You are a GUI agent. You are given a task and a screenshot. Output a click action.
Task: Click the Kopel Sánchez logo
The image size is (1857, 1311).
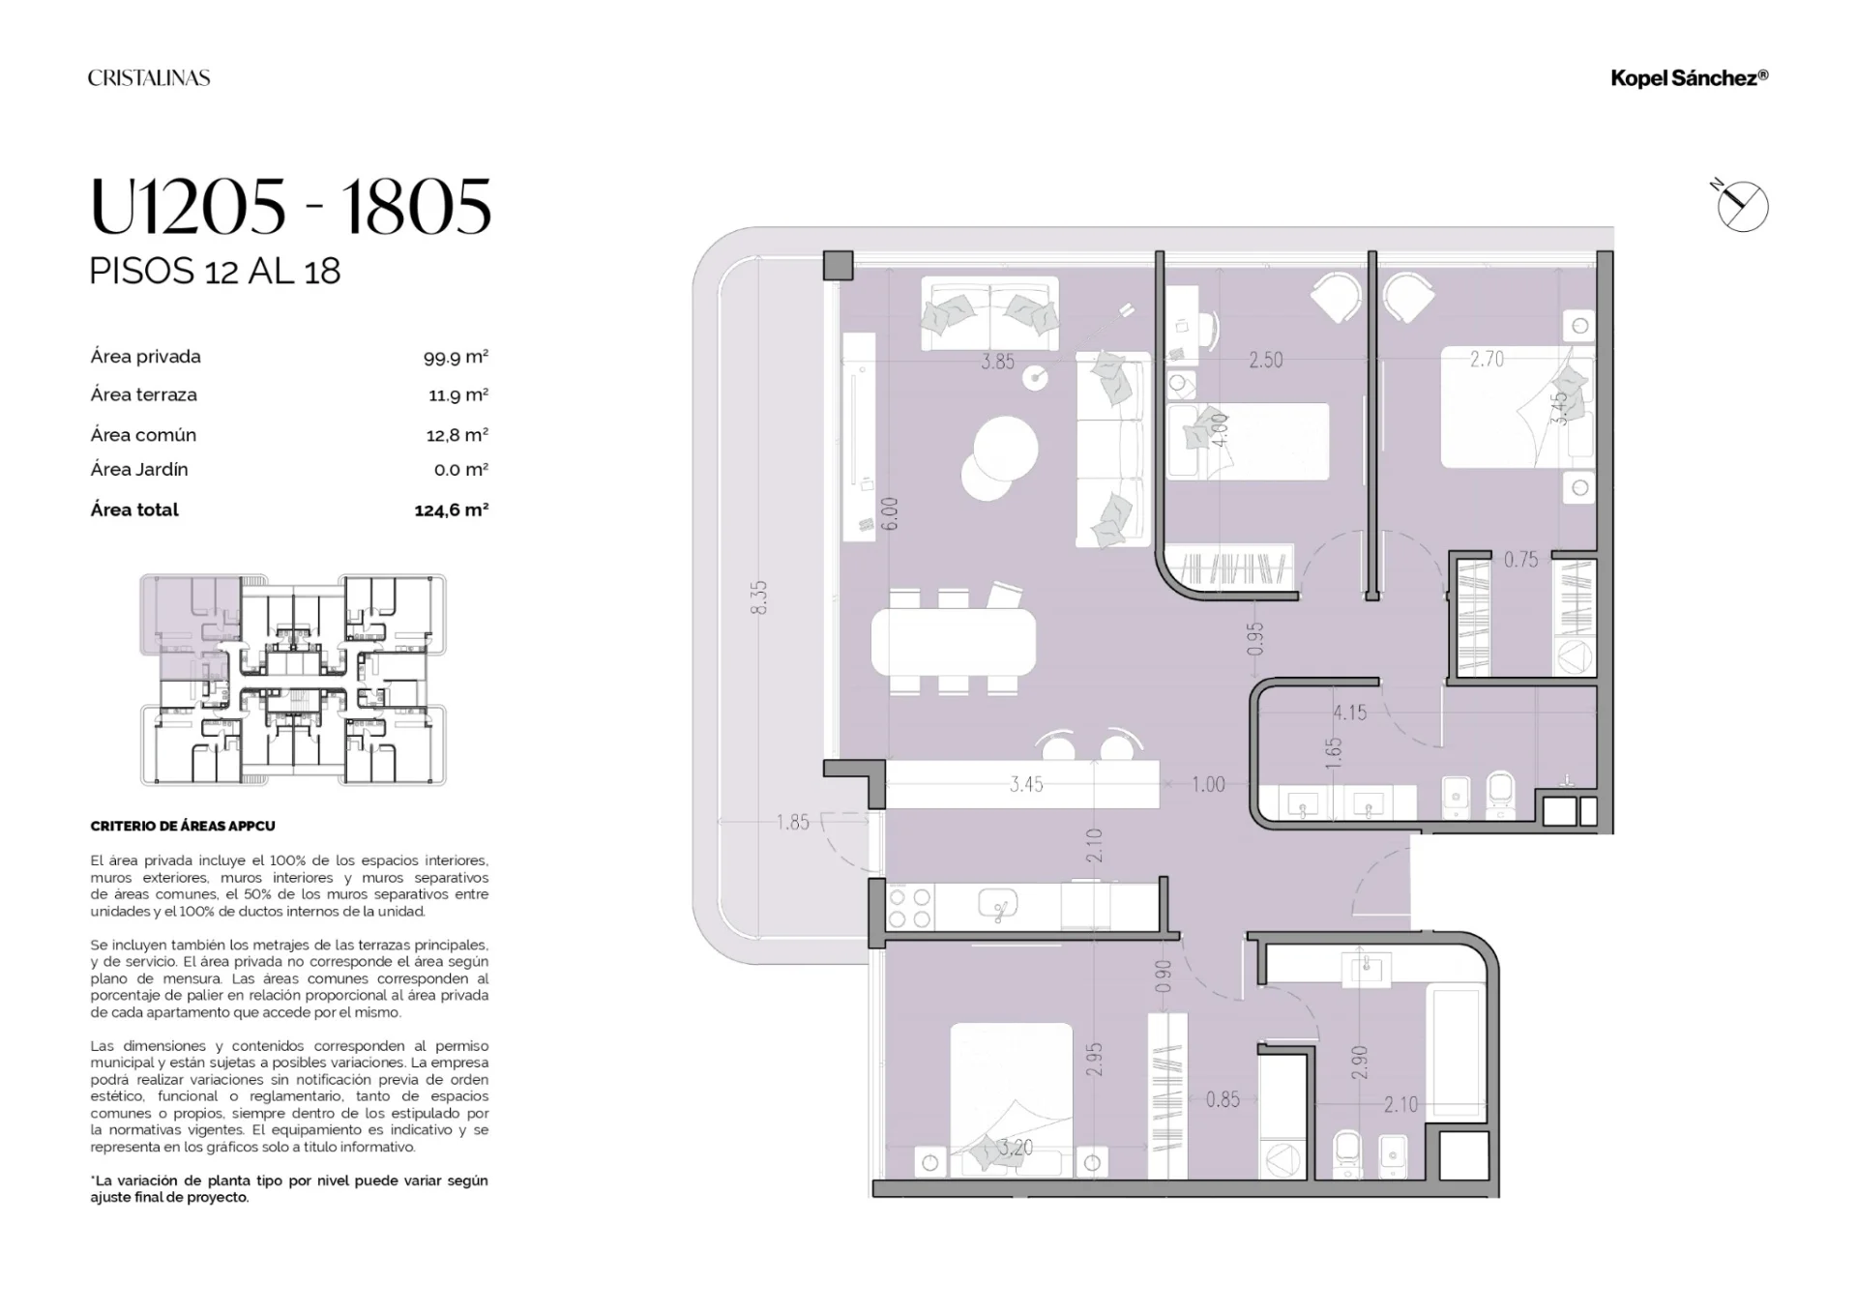coord(1690,78)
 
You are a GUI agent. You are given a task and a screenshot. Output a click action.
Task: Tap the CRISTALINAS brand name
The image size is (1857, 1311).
coord(149,78)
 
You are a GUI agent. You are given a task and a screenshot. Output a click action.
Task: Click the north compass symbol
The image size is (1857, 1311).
coord(1742,206)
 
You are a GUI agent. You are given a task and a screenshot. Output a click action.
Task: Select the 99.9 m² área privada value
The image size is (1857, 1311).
coord(456,357)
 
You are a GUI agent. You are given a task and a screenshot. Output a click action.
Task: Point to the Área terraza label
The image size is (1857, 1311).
coord(143,394)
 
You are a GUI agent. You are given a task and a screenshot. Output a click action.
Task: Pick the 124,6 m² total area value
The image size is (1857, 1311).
coord(452,510)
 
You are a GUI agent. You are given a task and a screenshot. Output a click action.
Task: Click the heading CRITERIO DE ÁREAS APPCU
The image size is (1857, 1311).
coord(183,826)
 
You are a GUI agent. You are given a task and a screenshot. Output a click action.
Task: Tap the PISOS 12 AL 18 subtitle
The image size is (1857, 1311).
coord(215,271)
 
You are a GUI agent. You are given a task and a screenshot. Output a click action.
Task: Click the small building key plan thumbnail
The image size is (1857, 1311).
coord(293,680)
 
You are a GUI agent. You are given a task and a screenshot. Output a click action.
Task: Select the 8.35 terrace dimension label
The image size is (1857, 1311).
coord(759,597)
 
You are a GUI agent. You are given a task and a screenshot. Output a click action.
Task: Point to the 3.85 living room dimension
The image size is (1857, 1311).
coord(997,362)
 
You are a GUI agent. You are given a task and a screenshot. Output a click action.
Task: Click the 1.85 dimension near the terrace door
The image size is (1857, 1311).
coord(792,823)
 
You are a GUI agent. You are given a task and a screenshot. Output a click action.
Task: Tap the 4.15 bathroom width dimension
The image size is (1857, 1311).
coord(1349,713)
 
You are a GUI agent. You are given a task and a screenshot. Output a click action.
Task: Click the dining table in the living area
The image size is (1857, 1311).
coord(954,642)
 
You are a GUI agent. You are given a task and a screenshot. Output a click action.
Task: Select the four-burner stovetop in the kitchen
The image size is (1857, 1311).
coord(908,908)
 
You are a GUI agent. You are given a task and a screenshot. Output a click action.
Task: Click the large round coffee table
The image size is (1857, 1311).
coord(1006,449)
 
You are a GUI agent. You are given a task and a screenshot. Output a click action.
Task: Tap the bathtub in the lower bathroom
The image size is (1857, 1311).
coord(1456,1053)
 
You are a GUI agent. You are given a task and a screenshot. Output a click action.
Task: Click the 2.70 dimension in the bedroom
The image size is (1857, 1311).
coord(1487,360)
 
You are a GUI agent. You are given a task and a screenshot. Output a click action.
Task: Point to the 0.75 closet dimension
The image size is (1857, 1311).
coord(1520,560)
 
